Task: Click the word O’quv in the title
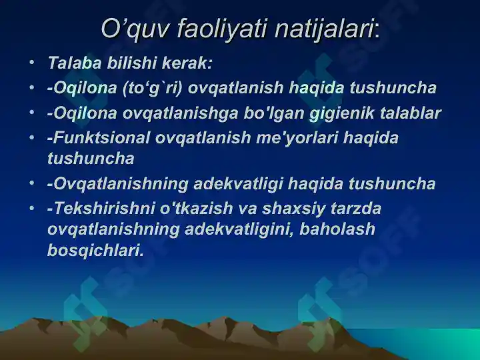[x=135, y=29]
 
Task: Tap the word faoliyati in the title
[x=222, y=29]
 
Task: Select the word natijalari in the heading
[x=324, y=29]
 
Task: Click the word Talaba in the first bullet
[x=75, y=63]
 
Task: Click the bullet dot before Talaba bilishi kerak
[x=32, y=63]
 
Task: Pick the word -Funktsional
[x=99, y=137]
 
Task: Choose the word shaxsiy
[x=293, y=209]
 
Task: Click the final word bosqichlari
[x=96, y=251]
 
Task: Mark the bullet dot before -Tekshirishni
[x=32, y=208]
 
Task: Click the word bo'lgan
[x=273, y=113]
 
